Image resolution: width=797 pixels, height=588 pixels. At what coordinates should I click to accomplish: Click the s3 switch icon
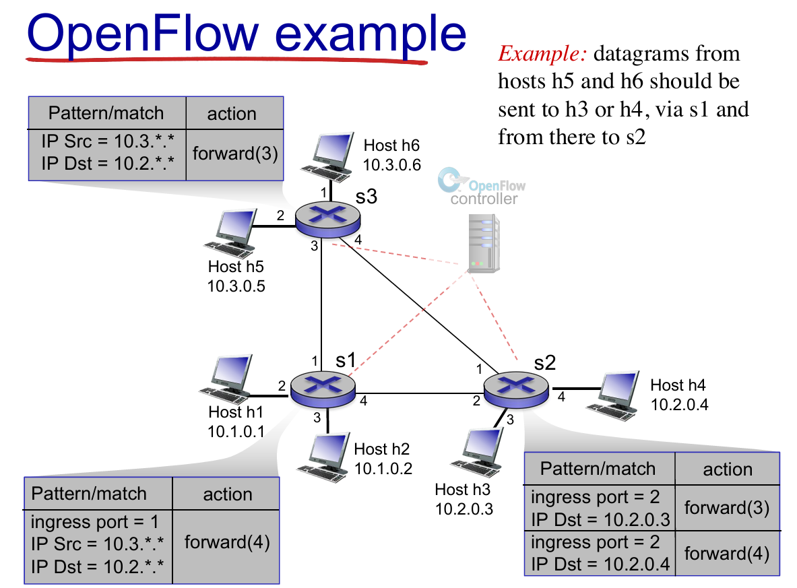click(328, 219)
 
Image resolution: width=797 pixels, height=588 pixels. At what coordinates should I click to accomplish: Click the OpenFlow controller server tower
click(483, 243)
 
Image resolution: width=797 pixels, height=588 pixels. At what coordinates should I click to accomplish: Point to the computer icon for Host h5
click(231, 234)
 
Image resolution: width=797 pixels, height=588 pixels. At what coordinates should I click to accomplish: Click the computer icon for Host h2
click(324, 457)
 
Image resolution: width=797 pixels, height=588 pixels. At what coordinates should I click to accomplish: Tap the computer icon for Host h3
click(477, 453)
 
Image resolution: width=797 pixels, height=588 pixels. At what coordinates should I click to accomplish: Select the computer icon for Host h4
click(613, 397)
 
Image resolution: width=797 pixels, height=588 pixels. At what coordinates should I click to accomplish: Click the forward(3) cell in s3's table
click(235, 154)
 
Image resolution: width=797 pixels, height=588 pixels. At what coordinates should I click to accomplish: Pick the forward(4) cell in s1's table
click(226, 542)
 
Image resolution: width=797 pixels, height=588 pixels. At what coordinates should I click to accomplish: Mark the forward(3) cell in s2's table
click(727, 508)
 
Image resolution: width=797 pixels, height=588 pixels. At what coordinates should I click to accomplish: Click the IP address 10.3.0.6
click(392, 164)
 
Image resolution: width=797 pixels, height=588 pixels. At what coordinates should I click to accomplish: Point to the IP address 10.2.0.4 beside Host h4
click(680, 405)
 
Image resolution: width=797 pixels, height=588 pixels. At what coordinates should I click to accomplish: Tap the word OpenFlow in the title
click(143, 34)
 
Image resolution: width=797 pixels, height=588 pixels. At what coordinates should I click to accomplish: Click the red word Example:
click(542, 53)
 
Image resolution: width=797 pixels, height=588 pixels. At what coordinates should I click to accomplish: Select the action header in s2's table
click(728, 469)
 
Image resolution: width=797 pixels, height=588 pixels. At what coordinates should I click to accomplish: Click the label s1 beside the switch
click(346, 360)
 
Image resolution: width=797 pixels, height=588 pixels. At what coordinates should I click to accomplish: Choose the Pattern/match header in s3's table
click(106, 113)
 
